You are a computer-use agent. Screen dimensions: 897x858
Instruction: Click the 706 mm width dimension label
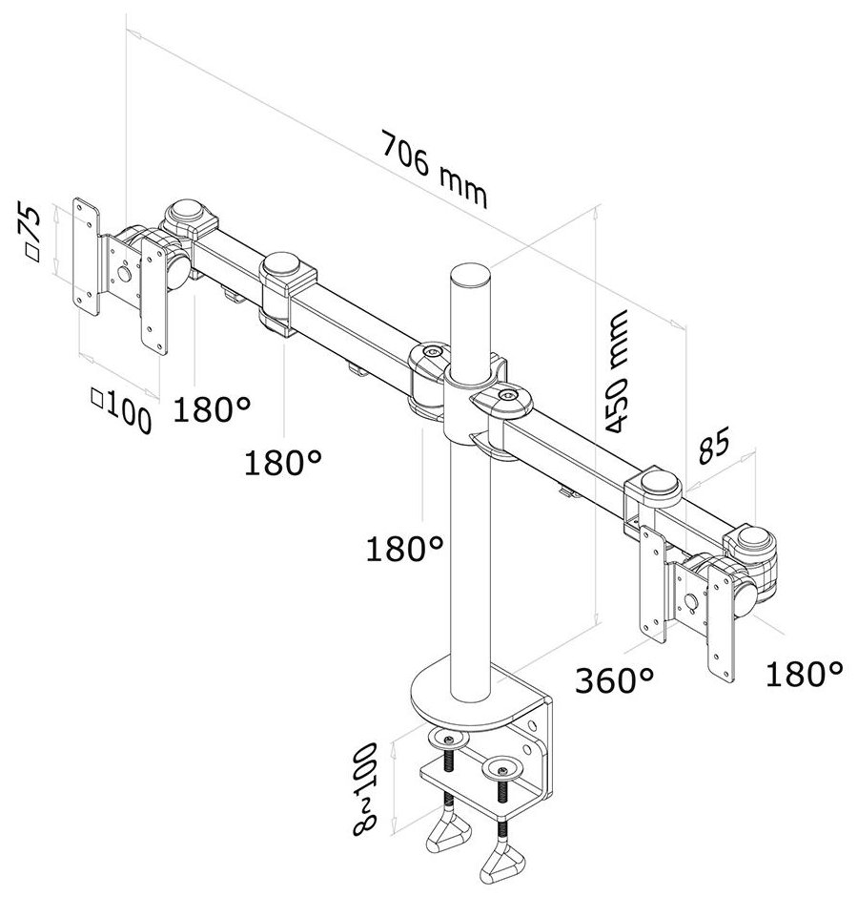click(434, 170)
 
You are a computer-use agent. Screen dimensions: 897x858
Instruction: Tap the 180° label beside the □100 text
click(212, 410)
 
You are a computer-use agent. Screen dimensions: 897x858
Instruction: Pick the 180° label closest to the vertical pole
click(406, 548)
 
